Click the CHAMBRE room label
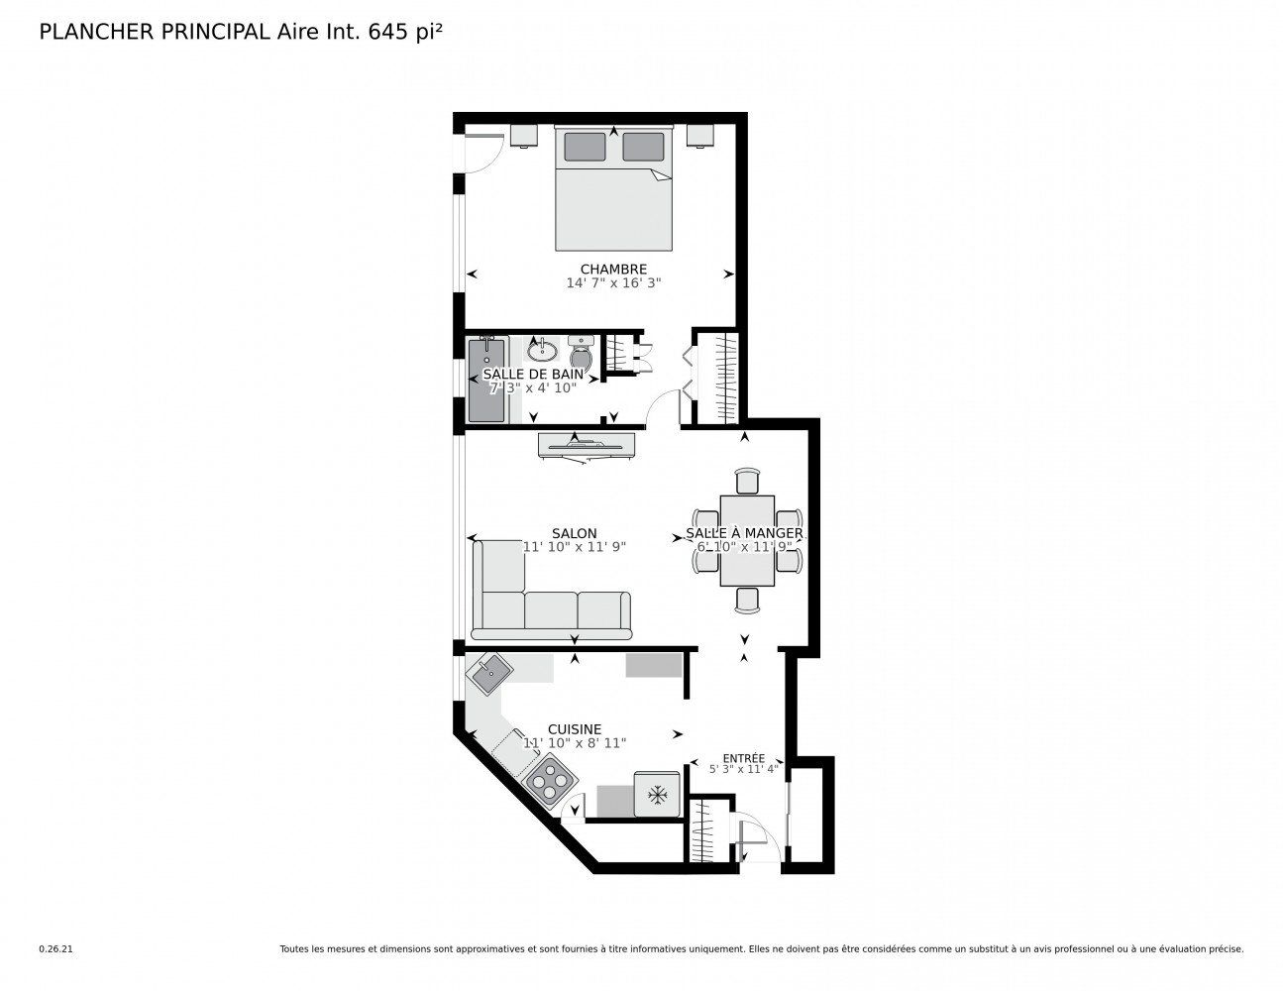[x=613, y=270]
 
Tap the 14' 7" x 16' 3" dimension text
[x=613, y=282]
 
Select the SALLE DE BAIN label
[x=533, y=374]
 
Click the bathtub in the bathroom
[x=486, y=380]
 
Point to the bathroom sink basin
[x=542, y=352]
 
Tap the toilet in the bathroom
[x=583, y=353]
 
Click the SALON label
[x=575, y=533]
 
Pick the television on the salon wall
[x=587, y=445]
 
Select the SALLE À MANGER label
[x=744, y=533]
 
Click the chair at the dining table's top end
[x=747, y=481]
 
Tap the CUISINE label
[x=575, y=729]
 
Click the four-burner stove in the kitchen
[x=553, y=784]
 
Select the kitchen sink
[x=489, y=674]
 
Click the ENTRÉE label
[x=744, y=758]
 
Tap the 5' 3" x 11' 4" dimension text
[x=744, y=770]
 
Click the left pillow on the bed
[x=586, y=147]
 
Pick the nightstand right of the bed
[x=700, y=135]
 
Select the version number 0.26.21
[x=56, y=949]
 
